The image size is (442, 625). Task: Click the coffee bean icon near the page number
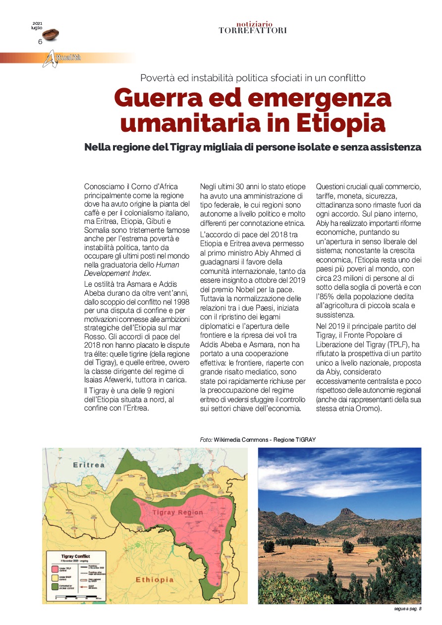click(x=50, y=34)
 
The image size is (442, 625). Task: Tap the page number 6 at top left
click(x=40, y=42)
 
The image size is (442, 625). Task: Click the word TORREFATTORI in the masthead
click(x=252, y=31)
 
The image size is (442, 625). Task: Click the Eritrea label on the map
click(x=89, y=465)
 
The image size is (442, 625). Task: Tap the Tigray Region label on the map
click(x=177, y=512)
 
